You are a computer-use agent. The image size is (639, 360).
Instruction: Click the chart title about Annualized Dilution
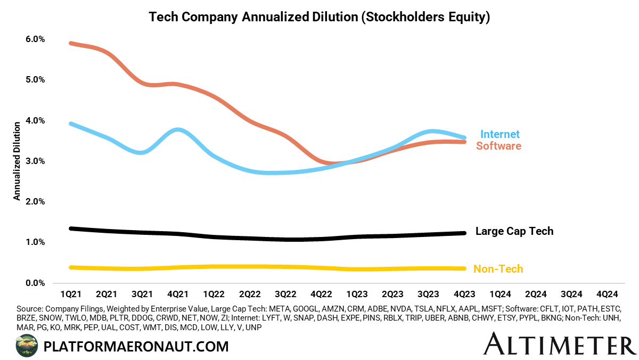[x=319, y=17]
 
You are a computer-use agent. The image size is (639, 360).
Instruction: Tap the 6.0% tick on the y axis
[x=33, y=39]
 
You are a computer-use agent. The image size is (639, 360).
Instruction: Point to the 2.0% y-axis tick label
[x=33, y=202]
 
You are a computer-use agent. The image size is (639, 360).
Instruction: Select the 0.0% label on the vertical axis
[x=33, y=283]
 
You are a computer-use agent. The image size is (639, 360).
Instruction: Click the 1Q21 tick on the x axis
[x=70, y=294]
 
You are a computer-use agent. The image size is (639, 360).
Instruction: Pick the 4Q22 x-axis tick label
[x=321, y=294]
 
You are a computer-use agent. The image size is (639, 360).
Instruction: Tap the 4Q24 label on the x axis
[x=608, y=294]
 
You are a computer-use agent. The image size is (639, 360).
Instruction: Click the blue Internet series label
[x=500, y=134]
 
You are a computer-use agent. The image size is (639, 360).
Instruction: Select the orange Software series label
[x=498, y=145]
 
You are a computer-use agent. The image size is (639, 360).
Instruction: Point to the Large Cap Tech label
[x=514, y=231]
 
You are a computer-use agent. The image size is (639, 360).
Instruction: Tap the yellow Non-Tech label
[x=498, y=269]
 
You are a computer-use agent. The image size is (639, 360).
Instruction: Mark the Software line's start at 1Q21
[x=71, y=43]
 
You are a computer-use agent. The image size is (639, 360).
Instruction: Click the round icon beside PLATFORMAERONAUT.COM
[x=27, y=346]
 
